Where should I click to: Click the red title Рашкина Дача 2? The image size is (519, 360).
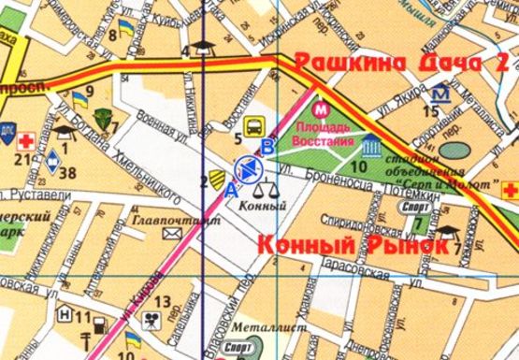403,64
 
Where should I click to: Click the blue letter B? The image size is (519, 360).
268,146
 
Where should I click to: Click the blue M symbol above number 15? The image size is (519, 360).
440,94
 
